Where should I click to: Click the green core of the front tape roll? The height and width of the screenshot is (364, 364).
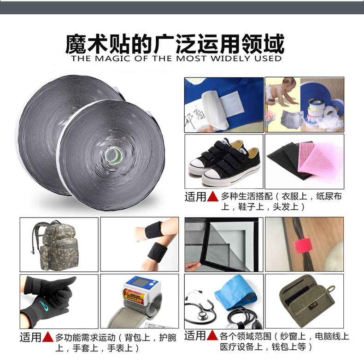[114, 156]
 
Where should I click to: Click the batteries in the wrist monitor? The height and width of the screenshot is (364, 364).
[134, 295]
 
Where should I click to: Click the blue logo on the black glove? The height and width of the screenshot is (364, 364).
[44, 305]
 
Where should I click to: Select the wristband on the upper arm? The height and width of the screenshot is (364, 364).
[153, 230]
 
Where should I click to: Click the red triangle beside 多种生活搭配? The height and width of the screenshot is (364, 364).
[213, 197]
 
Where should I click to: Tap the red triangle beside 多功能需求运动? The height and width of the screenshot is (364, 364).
[48, 337]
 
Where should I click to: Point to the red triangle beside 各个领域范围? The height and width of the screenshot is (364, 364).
[212, 335]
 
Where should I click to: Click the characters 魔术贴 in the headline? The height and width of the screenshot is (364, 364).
[97, 44]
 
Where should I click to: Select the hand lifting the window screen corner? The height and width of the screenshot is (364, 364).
[192, 266]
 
